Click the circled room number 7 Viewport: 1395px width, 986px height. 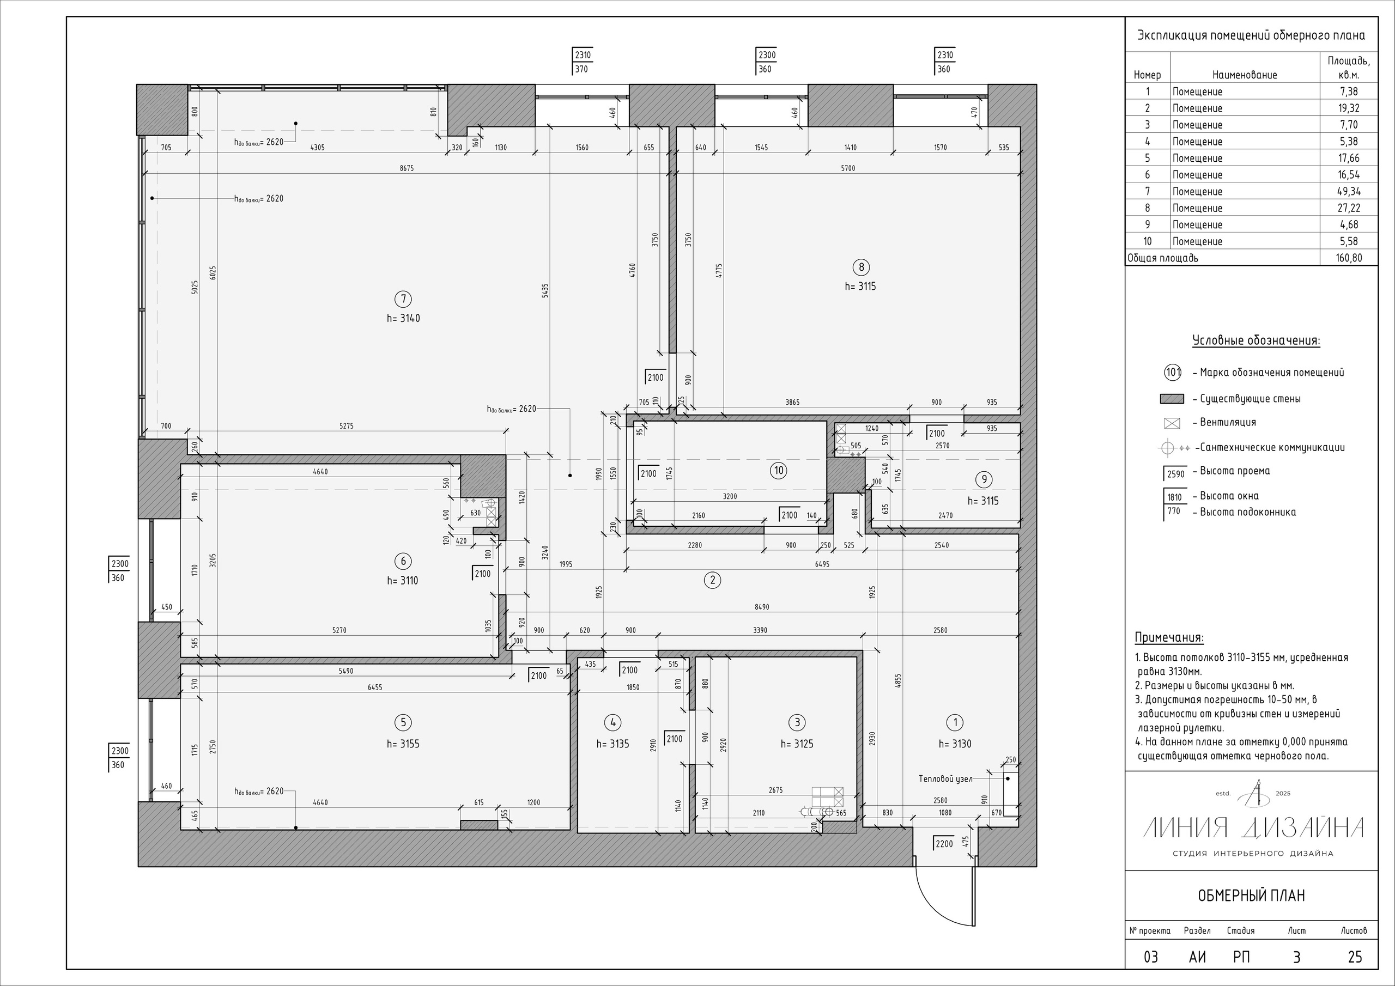point(403,299)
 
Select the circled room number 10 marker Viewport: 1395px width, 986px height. point(778,470)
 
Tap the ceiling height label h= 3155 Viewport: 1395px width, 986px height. point(403,744)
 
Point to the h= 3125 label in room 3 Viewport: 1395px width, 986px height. point(797,744)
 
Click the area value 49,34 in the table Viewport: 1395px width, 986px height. point(1349,191)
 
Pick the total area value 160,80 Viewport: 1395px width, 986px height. point(1349,258)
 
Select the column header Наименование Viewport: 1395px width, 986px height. point(1244,75)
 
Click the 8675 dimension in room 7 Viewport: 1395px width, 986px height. point(407,168)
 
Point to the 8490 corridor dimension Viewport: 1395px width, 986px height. point(762,607)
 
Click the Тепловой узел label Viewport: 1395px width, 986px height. point(945,778)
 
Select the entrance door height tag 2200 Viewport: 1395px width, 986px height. point(944,844)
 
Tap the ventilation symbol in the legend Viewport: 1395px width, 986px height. point(1172,423)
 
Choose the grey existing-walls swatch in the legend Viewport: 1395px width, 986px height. point(1172,399)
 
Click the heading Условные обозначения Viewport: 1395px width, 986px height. point(1256,340)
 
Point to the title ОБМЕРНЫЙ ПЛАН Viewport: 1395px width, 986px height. point(1251,896)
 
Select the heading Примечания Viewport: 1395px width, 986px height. point(1169,638)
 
